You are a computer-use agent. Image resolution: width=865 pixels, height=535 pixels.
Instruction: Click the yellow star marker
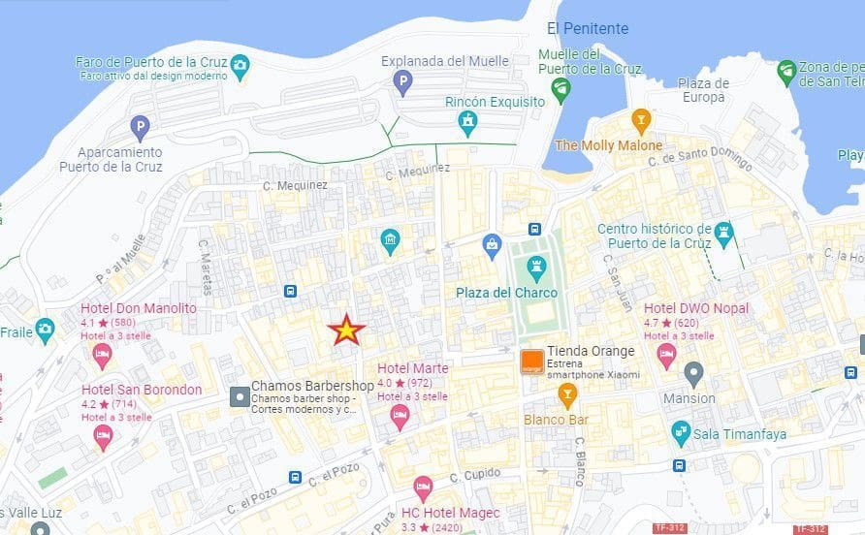point(346,330)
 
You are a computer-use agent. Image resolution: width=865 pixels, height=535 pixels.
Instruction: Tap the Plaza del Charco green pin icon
point(535,266)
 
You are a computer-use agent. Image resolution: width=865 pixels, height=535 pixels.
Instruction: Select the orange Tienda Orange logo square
point(530,362)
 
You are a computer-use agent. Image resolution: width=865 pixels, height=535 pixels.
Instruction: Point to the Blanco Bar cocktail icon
point(567,393)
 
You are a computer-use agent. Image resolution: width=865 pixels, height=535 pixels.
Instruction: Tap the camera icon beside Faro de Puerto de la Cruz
point(240,66)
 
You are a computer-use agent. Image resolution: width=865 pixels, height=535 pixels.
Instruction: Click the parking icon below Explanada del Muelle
point(402,85)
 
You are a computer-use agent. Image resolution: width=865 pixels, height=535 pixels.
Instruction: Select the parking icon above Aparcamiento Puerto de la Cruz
point(141,126)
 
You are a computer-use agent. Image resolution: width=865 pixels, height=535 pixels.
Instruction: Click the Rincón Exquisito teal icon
point(468,122)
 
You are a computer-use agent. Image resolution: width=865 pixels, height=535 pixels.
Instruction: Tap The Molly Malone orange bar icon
point(640,120)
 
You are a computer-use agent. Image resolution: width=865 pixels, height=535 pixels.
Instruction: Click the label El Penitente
point(588,29)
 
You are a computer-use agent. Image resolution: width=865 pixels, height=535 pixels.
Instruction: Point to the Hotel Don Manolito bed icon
point(102,356)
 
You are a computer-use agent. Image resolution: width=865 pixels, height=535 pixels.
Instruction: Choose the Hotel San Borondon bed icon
point(103,437)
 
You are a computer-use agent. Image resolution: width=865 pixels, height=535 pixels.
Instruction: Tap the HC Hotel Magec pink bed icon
point(423,488)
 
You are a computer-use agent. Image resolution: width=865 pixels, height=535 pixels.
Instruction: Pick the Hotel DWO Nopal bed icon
point(666,356)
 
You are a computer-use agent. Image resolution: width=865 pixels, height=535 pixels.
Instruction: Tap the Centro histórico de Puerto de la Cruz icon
point(723,234)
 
